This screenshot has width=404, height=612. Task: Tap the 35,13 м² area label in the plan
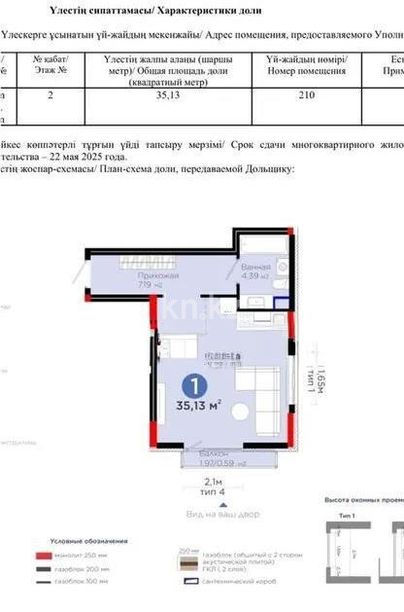[197, 407]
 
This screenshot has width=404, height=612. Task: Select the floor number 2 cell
[50, 95]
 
